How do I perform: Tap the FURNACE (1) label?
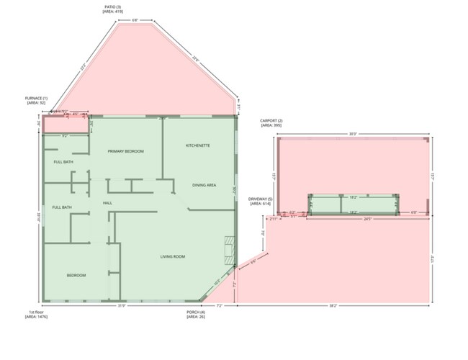click(x=37, y=100)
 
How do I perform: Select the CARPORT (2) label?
click(x=271, y=122)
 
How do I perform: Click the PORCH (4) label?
click(x=195, y=314)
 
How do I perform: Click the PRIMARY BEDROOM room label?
click(x=125, y=151)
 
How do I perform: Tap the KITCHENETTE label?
click(x=197, y=145)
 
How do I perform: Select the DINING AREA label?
click(x=204, y=185)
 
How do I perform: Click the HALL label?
click(x=108, y=203)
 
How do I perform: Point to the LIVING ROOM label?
click(x=173, y=256)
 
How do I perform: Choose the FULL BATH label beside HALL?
click(x=62, y=207)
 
